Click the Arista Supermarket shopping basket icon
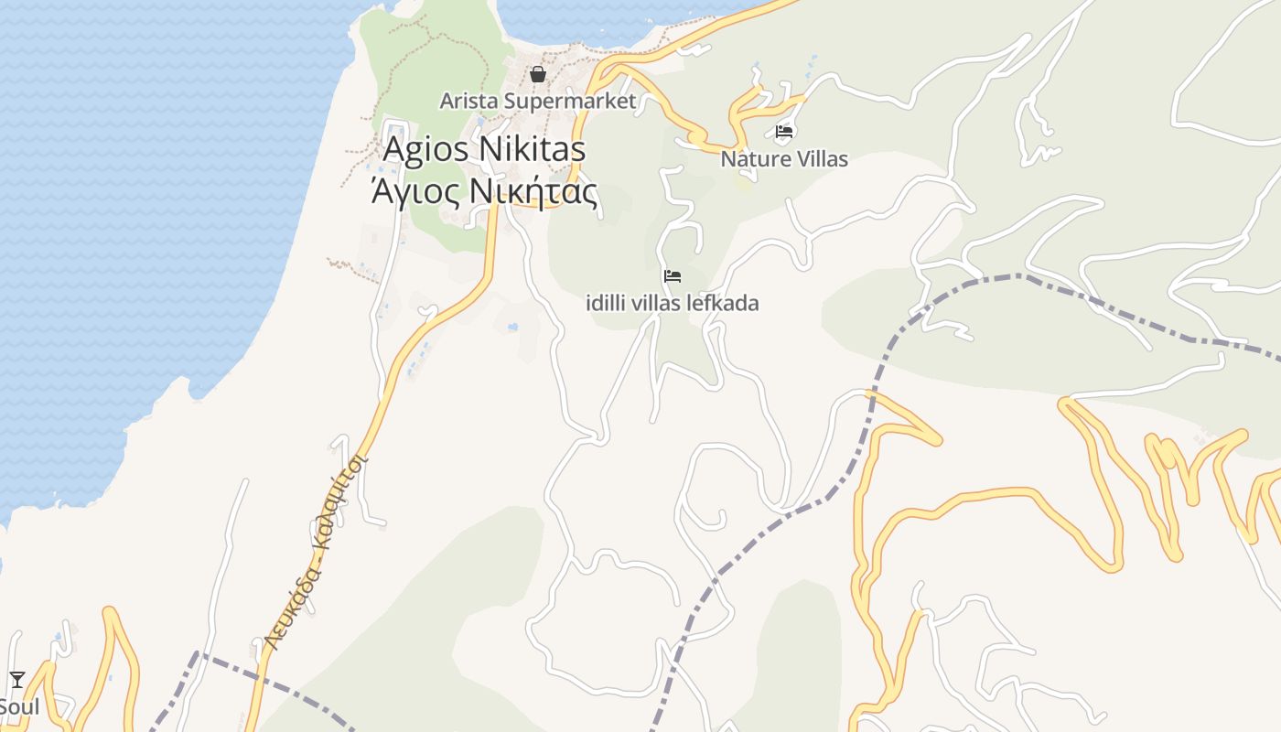click(538, 74)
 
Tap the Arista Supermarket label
click(537, 101)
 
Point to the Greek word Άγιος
click(408, 192)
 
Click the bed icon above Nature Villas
click(784, 132)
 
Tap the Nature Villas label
click(784, 159)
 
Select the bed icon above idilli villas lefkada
click(673, 275)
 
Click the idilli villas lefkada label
click(673, 303)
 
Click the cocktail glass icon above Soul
click(17, 679)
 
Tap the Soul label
click(18, 706)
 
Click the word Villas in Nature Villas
click(821, 159)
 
